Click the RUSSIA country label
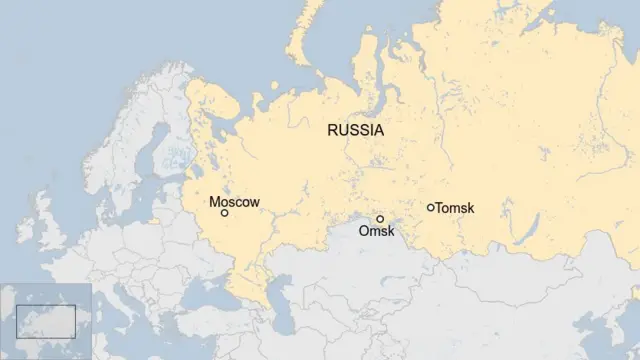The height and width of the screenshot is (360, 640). coord(355,130)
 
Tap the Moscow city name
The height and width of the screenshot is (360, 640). coord(234,202)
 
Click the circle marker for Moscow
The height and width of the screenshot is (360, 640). coord(224,213)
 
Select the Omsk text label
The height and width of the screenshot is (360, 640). coord(377,232)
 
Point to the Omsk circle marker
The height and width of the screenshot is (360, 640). coord(380,218)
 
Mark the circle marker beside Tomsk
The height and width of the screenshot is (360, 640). coord(431,208)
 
